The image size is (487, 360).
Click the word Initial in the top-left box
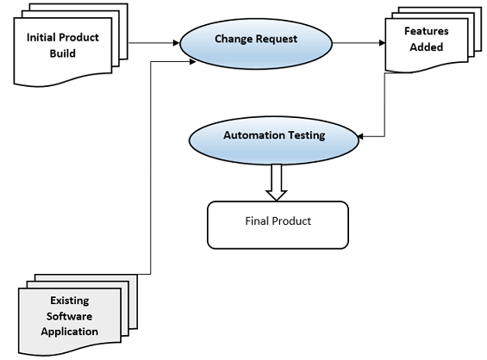pyautogui.click(x=40, y=38)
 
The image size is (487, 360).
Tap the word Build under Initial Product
pyautogui.click(x=62, y=53)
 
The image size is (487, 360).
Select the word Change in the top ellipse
pyautogui.click(x=234, y=39)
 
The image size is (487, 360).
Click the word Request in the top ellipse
pyautogui.click(x=277, y=40)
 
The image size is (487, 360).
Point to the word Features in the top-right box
pyautogui.click(x=427, y=31)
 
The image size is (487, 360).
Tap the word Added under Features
pyautogui.click(x=427, y=47)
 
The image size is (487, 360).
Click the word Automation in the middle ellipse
pyautogui.click(x=254, y=135)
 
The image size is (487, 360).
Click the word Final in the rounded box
pyautogui.click(x=257, y=221)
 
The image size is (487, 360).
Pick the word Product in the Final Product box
pyautogui.click(x=291, y=221)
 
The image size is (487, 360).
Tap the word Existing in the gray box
pyautogui.click(x=70, y=301)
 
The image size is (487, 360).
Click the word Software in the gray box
pyautogui.click(x=69, y=316)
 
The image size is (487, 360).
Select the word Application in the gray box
pyautogui.click(x=70, y=332)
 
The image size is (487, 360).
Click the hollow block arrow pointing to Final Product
pyautogui.click(x=277, y=183)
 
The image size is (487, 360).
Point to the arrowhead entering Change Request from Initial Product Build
pyautogui.click(x=176, y=43)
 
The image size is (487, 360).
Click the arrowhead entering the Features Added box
pyautogui.click(x=382, y=43)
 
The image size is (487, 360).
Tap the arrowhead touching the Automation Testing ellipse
pyautogui.click(x=360, y=136)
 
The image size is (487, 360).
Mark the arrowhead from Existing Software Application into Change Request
pyautogui.click(x=192, y=62)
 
